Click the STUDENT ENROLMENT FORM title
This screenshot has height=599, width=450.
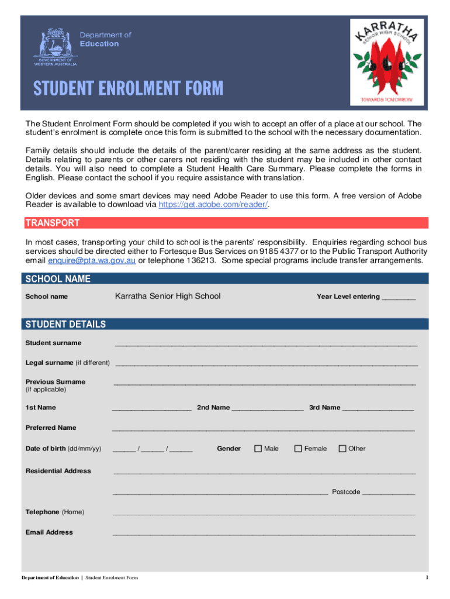128,88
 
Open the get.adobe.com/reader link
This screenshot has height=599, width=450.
213,205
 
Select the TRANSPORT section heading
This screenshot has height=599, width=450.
52,223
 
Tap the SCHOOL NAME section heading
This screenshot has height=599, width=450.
58,279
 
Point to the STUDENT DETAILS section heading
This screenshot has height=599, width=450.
65,324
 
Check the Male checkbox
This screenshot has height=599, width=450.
258,449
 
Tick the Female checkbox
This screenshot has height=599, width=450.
298,449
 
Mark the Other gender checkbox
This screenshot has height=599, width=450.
342,449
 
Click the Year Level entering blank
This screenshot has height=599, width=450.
399,297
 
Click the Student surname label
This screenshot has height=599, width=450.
53,343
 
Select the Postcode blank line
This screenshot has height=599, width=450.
389,493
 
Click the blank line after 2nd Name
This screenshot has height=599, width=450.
268,408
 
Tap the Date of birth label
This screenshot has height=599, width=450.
63,449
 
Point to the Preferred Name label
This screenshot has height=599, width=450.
51,428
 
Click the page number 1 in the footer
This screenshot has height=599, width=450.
427,578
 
